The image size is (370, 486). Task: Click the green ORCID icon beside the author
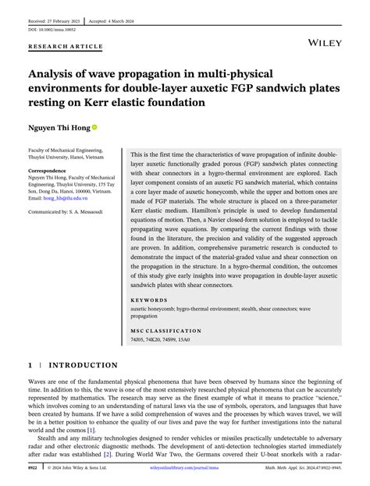pyautogui.click(x=95, y=126)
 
